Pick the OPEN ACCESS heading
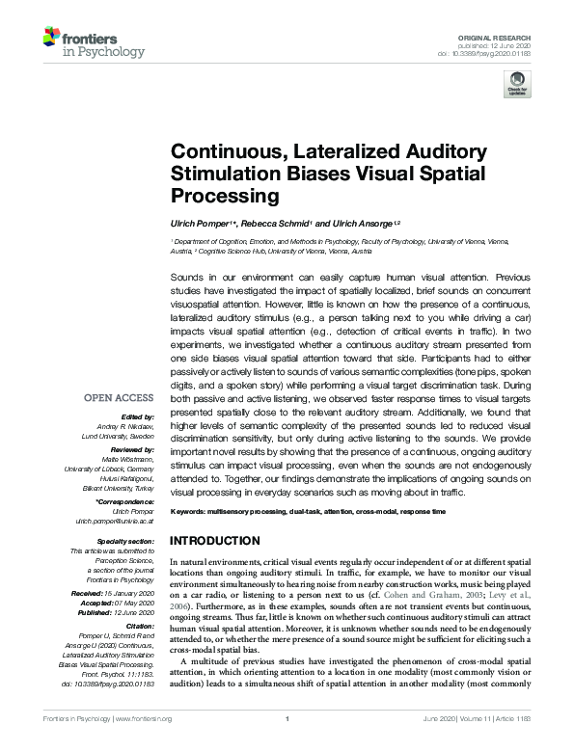pyautogui.click(x=119, y=396)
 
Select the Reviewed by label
pyautogui.click(x=129, y=449)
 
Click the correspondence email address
pyautogui.click(x=115, y=520)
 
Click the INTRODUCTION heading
pyautogui.click(x=214, y=540)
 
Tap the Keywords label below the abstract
pyautogui.click(x=190, y=510)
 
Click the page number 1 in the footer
pyautogui.click(x=287, y=719)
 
